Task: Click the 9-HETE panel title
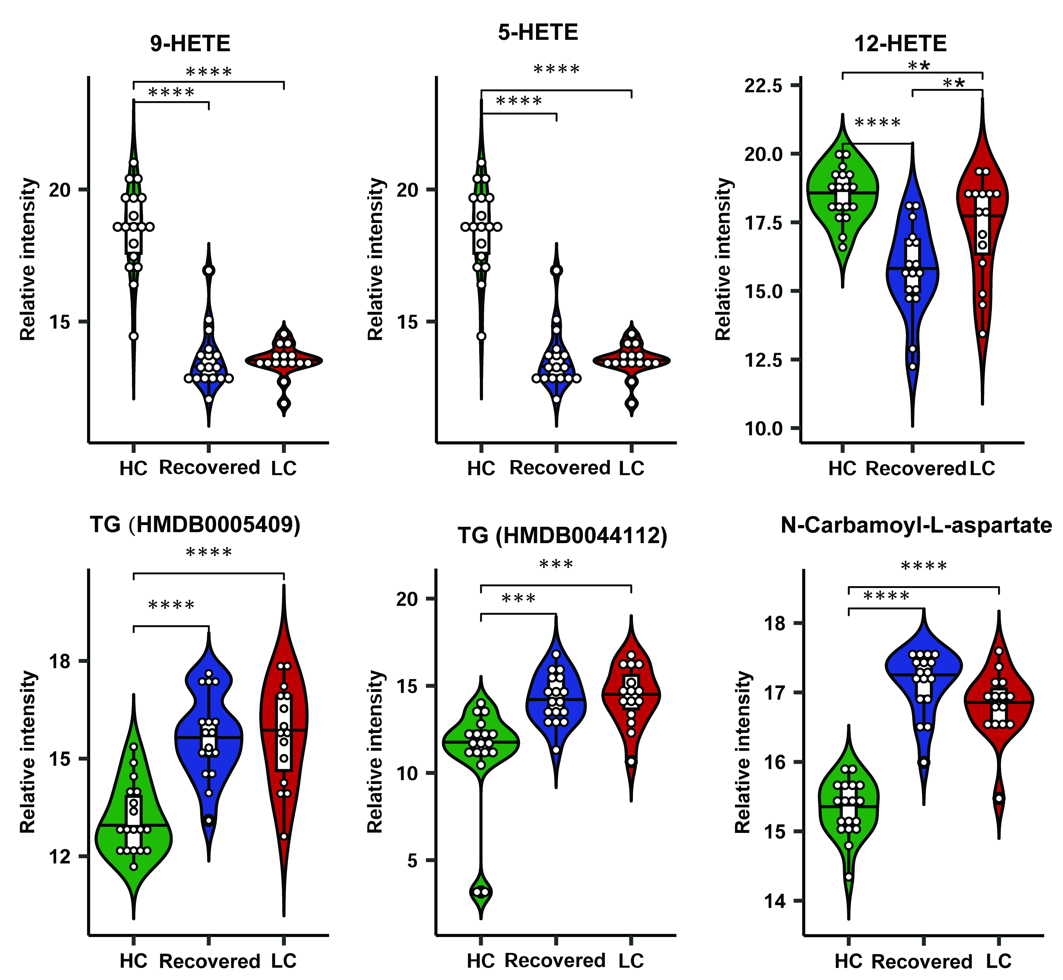(x=190, y=43)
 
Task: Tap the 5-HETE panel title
(x=537, y=33)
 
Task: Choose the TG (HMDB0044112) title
(x=562, y=536)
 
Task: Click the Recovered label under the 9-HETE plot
(x=209, y=468)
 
